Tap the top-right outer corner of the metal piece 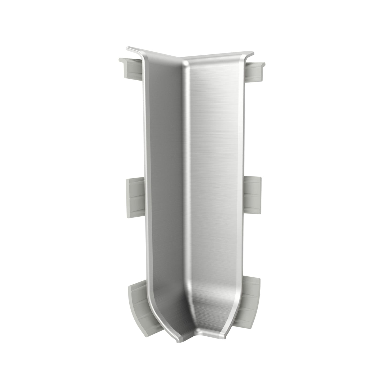click(x=253, y=51)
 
